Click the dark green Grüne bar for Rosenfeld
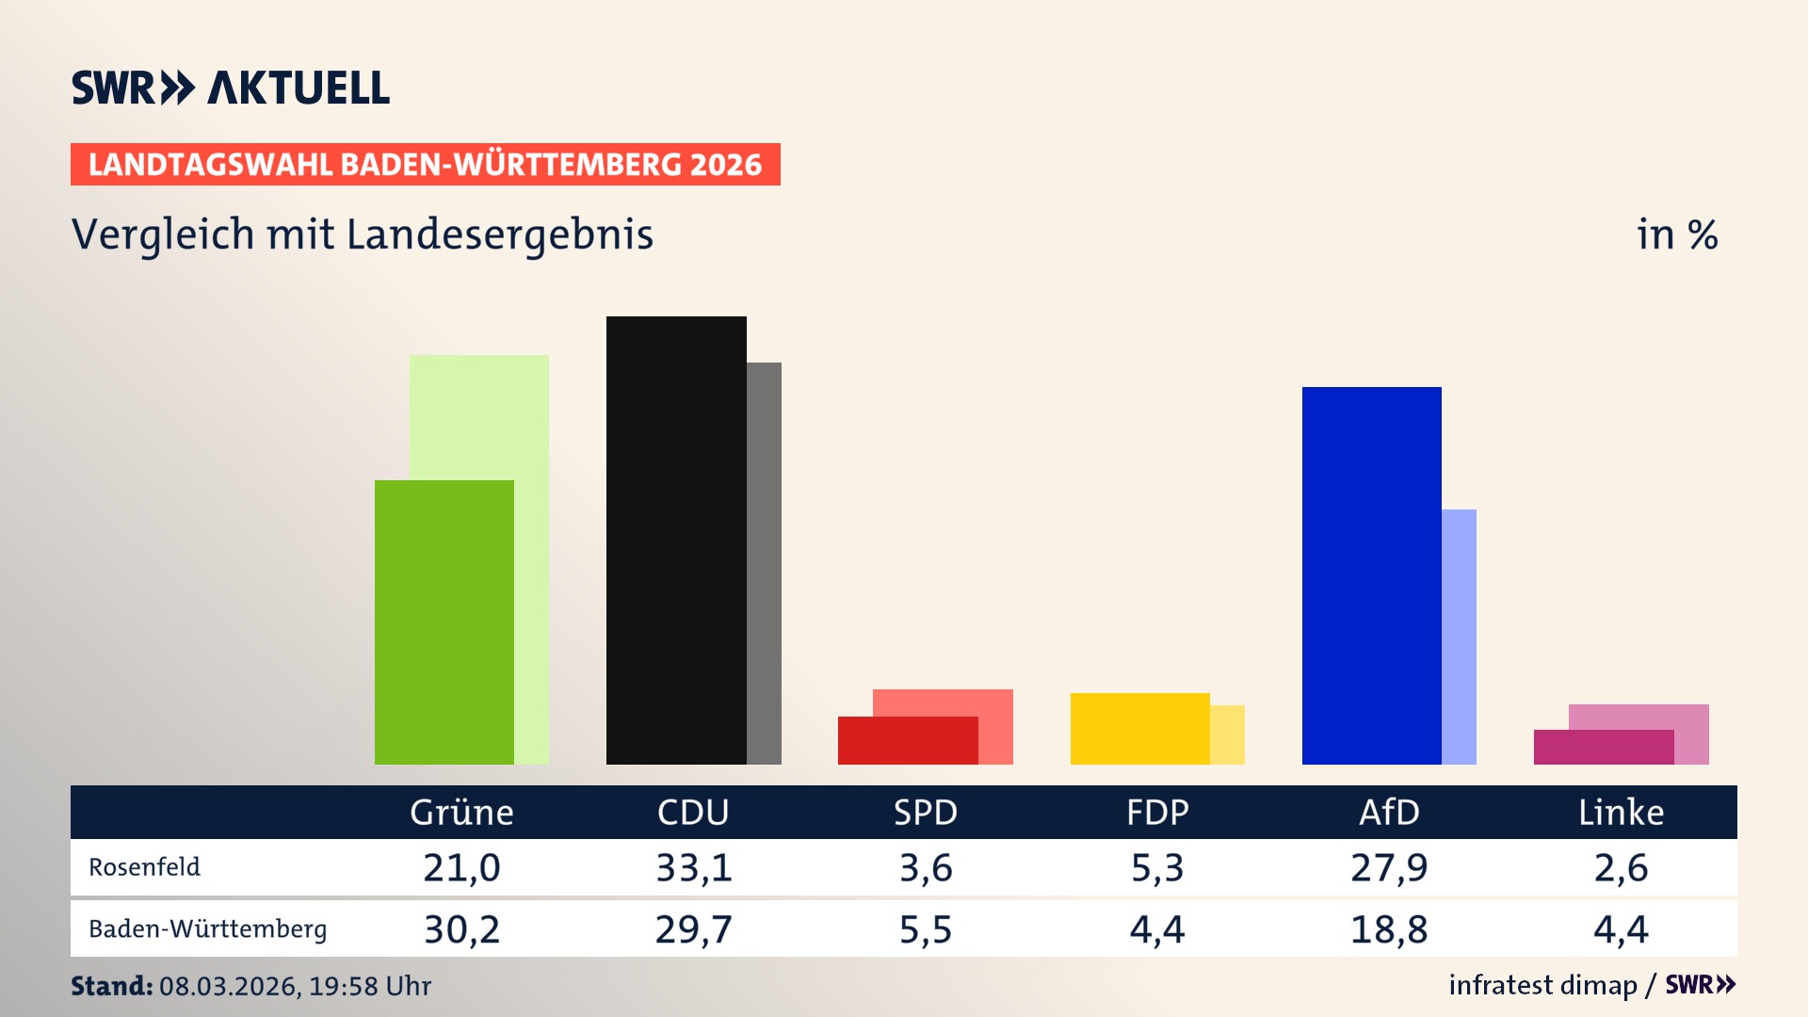[444, 621]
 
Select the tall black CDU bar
[676, 540]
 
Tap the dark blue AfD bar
[1371, 574]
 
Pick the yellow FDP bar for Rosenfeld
[1139, 728]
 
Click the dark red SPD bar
[907, 740]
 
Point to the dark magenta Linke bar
[1603, 747]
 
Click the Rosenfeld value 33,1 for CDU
[694, 867]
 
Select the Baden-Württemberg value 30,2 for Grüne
[461, 929]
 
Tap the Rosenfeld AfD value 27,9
[1389, 867]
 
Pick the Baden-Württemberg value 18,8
[1389, 929]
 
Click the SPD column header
[925, 812]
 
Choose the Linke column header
[1621, 812]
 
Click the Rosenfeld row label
[144, 867]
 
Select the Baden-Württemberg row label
[207, 929]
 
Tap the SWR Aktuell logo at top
[230, 88]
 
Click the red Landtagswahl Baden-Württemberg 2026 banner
[425, 164]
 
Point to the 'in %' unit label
[1676, 234]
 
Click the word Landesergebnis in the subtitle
[499, 234]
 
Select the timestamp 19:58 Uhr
[370, 986]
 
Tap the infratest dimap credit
[1542, 985]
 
